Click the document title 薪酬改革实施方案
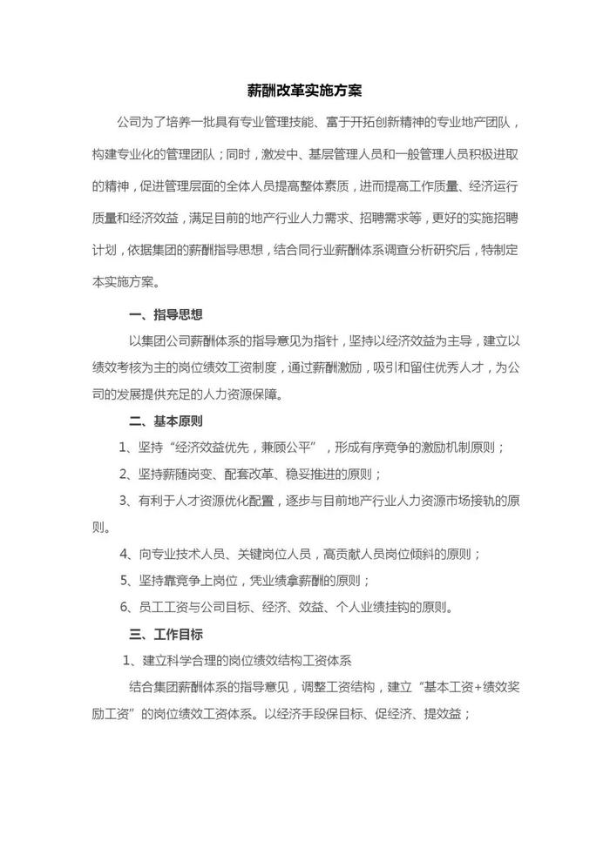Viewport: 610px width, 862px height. (305, 90)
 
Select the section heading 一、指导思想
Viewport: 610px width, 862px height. (166, 314)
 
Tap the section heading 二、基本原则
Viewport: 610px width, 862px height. (166, 421)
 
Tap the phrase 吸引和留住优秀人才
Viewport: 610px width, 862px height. (412, 367)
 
